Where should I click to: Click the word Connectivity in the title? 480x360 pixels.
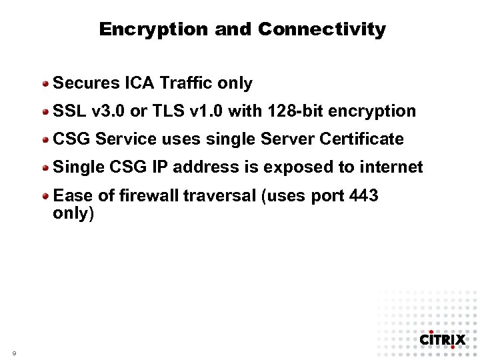[x=322, y=29]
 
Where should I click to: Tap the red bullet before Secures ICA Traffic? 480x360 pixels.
[x=46, y=84]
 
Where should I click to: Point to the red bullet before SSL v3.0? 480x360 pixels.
[x=46, y=112]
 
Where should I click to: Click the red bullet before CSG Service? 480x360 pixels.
[x=46, y=140]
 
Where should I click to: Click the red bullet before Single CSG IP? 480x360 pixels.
[x=46, y=168]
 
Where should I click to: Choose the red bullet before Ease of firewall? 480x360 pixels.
[x=46, y=197]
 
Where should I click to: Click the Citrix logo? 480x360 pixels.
[x=442, y=339]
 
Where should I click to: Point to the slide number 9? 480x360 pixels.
[x=14, y=352]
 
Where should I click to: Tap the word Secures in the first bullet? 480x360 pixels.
[x=86, y=83]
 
